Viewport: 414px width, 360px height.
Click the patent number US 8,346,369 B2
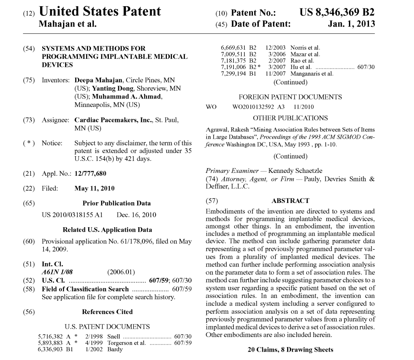click(337, 12)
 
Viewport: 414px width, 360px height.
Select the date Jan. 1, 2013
click(351, 24)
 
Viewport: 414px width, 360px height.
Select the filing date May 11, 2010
click(94, 188)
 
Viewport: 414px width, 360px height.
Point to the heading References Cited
click(107, 312)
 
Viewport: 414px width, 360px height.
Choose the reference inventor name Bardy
click(115, 349)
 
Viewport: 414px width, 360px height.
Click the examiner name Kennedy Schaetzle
click(295, 171)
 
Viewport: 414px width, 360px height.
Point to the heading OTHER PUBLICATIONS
click(290, 118)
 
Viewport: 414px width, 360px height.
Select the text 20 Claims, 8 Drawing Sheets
click(290, 350)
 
